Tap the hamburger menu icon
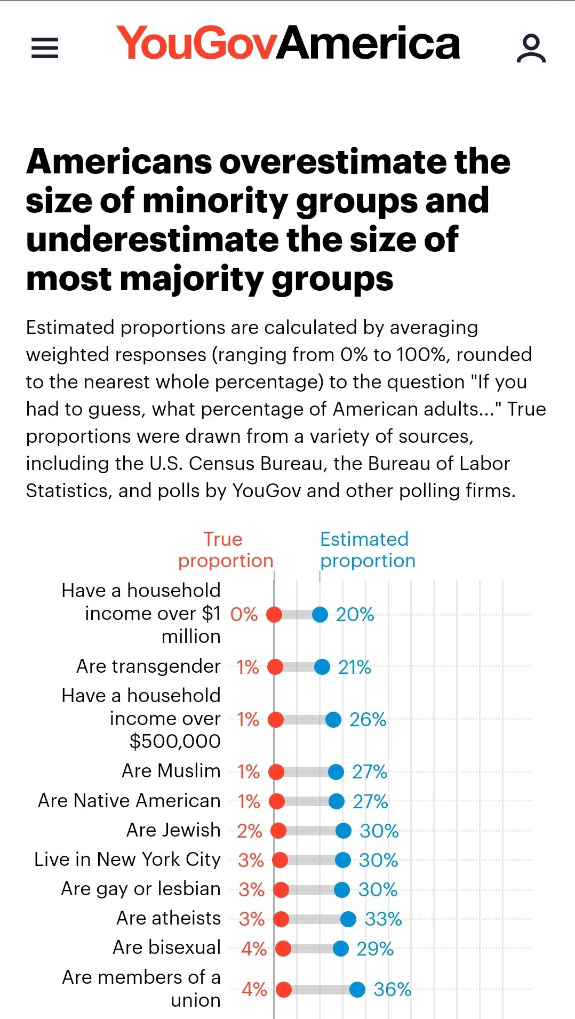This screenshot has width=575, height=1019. pyautogui.click(x=45, y=47)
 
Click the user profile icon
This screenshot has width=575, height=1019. pyautogui.click(x=531, y=48)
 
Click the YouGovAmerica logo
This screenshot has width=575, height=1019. pyautogui.click(x=288, y=43)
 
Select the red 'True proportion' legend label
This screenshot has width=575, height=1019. pyautogui.click(x=225, y=550)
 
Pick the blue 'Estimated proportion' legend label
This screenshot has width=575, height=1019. pyautogui.click(x=367, y=550)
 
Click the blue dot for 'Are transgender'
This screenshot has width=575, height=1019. pyautogui.click(x=322, y=667)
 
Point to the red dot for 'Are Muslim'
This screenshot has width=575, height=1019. pyautogui.click(x=276, y=771)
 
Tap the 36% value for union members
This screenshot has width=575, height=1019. pyautogui.click(x=392, y=990)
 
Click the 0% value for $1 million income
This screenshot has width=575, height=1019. pyautogui.click(x=244, y=615)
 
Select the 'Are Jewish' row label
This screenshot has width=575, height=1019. pyautogui.click(x=173, y=830)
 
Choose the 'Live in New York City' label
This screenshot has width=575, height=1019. pyautogui.click(x=127, y=859)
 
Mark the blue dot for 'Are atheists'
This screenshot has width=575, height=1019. pyautogui.click(x=348, y=919)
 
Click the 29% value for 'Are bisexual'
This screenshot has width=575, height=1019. pyautogui.click(x=374, y=949)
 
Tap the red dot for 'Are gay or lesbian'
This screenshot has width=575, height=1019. pyautogui.click(x=281, y=889)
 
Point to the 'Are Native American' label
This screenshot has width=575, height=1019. pyautogui.click(x=129, y=801)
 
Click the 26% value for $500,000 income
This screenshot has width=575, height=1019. pyautogui.click(x=368, y=720)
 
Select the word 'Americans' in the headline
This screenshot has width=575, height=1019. pyautogui.click(x=119, y=162)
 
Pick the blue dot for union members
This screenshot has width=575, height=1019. pyautogui.click(x=357, y=990)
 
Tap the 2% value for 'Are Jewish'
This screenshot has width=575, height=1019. pyautogui.click(x=249, y=831)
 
